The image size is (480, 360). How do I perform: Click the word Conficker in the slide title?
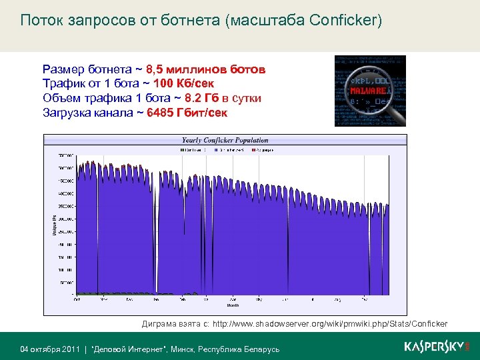(345, 21)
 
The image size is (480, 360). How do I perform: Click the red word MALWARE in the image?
(367, 89)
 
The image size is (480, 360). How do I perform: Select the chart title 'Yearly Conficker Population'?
(225, 141)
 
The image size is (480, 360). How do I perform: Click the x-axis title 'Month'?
(233, 306)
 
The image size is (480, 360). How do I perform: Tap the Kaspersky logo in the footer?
(437, 347)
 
